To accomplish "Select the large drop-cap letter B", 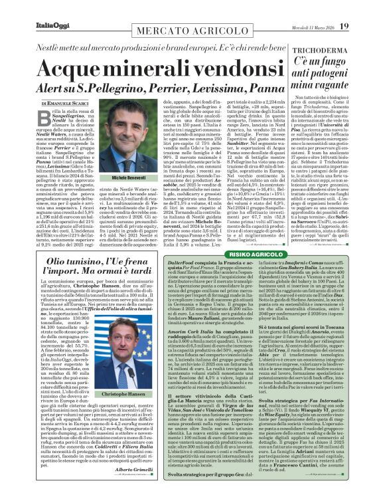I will (50, 118).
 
